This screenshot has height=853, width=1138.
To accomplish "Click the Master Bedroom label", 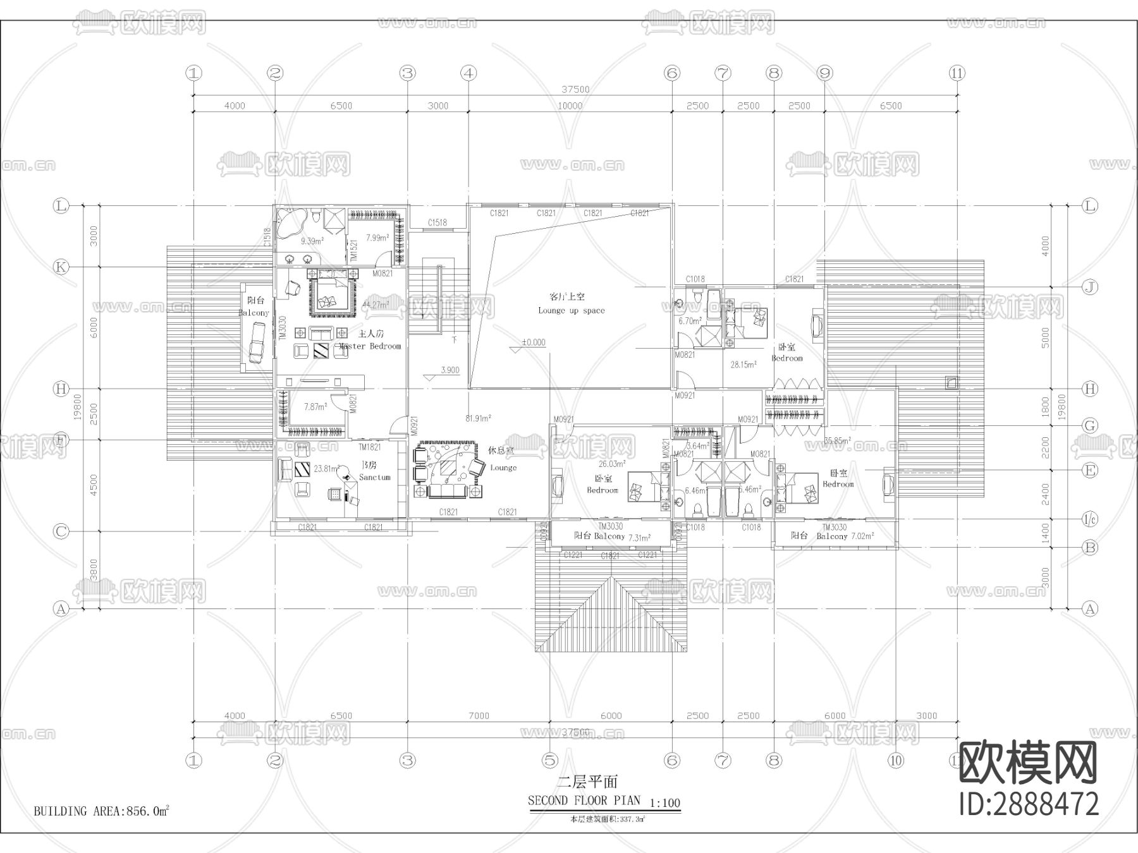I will click(370, 346).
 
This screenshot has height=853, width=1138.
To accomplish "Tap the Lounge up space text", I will click(571, 310).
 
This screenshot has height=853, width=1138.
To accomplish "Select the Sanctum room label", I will click(374, 478).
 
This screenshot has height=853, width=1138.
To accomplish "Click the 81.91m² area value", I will click(479, 418).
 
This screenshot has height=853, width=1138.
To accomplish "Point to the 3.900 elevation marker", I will click(450, 370).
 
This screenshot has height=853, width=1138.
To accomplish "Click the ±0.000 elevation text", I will click(533, 342).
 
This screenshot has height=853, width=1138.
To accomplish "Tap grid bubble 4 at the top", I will click(468, 73).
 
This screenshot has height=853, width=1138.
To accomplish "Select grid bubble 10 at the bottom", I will click(896, 760).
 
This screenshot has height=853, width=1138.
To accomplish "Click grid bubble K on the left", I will click(61, 267).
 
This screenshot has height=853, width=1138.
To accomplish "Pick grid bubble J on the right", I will click(1090, 287).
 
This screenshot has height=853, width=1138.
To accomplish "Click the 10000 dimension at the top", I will click(570, 106).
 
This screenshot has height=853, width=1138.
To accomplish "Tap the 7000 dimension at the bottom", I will click(479, 716).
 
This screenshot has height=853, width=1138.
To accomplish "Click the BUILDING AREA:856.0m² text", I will click(101, 811).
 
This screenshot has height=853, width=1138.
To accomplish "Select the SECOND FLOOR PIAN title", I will click(584, 801).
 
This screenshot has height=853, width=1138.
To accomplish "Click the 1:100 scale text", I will click(664, 804).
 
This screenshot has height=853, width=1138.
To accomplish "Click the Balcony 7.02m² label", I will click(845, 536).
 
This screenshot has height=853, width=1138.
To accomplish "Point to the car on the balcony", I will click(257, 342).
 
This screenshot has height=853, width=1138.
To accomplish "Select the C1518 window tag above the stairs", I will click(437, 222).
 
